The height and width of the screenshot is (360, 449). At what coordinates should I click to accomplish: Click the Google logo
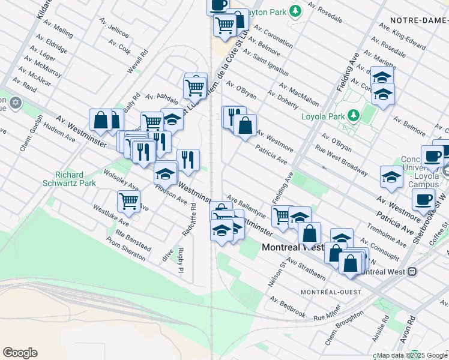pos(20,353)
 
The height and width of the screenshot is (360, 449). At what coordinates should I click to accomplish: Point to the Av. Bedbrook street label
pos(288,307)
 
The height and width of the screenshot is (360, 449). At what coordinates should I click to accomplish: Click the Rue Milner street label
pos(327,312)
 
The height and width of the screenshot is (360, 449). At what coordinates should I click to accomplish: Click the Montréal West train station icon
pos(412,271)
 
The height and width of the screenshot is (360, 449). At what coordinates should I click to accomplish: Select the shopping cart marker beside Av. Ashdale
pos(195,88)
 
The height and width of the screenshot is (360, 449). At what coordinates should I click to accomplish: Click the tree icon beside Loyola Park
pos(354,113)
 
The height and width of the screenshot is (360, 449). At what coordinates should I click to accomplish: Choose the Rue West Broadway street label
pos(341,162)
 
